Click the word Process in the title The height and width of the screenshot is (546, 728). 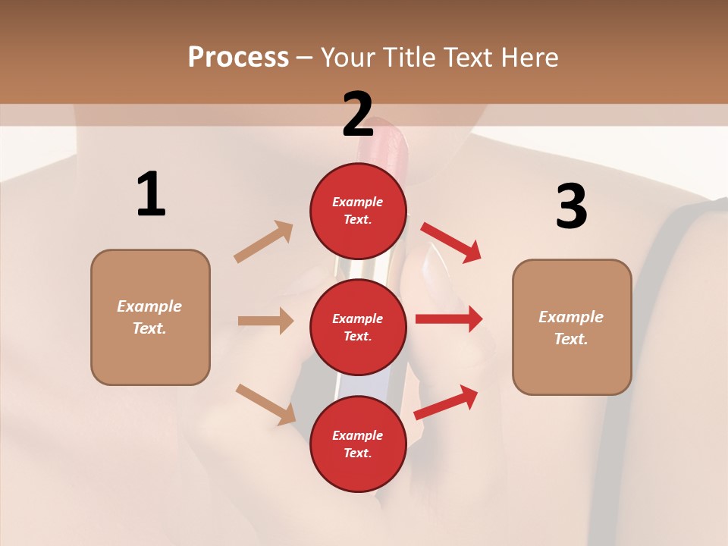pyautogui.click(x=238, y=58)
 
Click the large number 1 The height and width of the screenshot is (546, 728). pyautogui.click(x=151, y=195)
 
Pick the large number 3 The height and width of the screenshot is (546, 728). pyautogui.click(x=571, y=207)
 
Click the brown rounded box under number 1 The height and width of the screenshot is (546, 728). pyautogui.click(x=150, y=317)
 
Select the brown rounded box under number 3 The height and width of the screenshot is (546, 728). pyautogui.click(x=572, y=328)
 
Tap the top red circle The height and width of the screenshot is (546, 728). pyautogui.click(x=358, y=211)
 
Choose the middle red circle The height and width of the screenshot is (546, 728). pyautogui.click(x=358, y=327)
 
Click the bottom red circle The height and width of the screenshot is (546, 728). pyautogui.click(x=358, y=444)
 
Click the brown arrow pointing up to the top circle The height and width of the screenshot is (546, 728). pyautogui.click(x=264, y=242)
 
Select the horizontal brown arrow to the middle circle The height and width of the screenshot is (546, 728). pyautogui.click(x=265, y=321)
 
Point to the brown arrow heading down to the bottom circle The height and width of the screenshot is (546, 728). pyautogui.click(x=265, y=404)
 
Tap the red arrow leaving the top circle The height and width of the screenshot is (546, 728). pyautogui.click(x=451, y=242)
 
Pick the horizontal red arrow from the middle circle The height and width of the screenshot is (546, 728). pyautogui.click(x=449, y=319)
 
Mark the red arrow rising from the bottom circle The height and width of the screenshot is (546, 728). pyautogui.click(x=447, y=402)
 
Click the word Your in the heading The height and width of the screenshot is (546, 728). pyautogui.click(x=348, y=58)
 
